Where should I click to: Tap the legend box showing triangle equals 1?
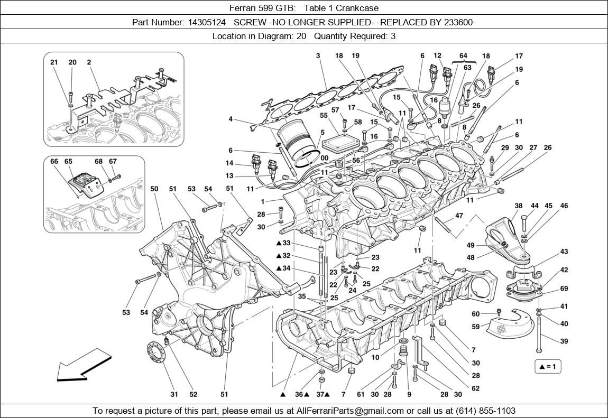pos(548,366)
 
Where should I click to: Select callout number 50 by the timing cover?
pos(154,189)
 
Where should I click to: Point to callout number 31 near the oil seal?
pos(174,394)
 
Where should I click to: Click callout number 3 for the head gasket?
pos(318,55)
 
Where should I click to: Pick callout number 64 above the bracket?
pos(463,55)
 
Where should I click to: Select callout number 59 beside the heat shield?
pos(476,327)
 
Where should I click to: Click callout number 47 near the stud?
pos(459,216)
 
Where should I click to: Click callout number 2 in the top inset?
pos(89,62)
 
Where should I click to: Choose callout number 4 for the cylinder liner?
pos(231,119)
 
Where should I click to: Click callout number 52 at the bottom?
pos(194,394)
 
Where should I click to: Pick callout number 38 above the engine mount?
pos(519,206)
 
